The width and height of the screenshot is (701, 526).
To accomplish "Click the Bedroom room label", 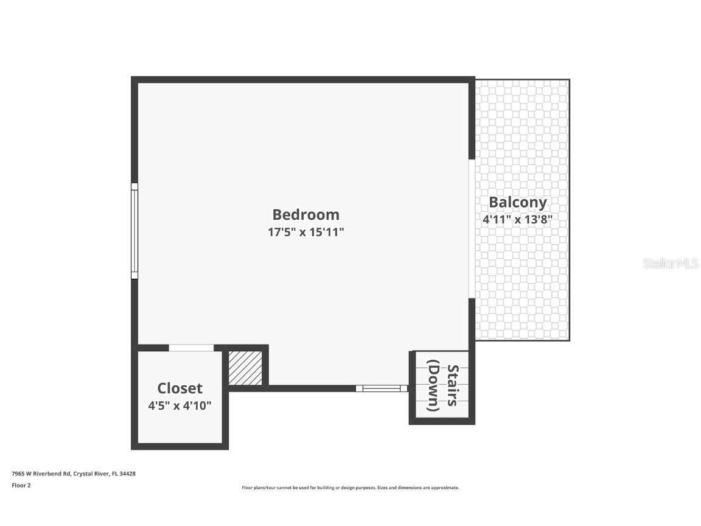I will tap(305, 214).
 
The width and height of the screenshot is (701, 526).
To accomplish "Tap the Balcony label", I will tap(518, 202).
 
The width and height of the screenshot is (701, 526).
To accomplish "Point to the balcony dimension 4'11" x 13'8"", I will tap(517, 219).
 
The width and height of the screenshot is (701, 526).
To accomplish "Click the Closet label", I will tap(180, 388).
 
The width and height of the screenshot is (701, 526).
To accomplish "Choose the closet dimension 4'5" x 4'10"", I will tap(180, 405).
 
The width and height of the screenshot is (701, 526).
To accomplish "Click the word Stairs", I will tap(453, 385).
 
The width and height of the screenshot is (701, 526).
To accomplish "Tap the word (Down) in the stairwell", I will tap(433, 385).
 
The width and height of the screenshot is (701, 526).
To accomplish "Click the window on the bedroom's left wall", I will tap(134, 231).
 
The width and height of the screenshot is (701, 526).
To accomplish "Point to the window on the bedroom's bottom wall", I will tap(382, 388).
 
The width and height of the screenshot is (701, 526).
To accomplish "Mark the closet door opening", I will tap(191, 348).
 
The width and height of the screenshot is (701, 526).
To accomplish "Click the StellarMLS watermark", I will tap(671, 264).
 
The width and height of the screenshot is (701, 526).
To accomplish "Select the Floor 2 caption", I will tap(21, 485).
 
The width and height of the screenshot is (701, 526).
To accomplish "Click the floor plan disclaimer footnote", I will tap(350, 488).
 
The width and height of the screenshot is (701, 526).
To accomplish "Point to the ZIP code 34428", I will tap(128, 473).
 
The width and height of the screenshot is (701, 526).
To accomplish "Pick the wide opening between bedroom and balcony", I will tap(472, 229).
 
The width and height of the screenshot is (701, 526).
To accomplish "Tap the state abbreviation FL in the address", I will tap(114, 473).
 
